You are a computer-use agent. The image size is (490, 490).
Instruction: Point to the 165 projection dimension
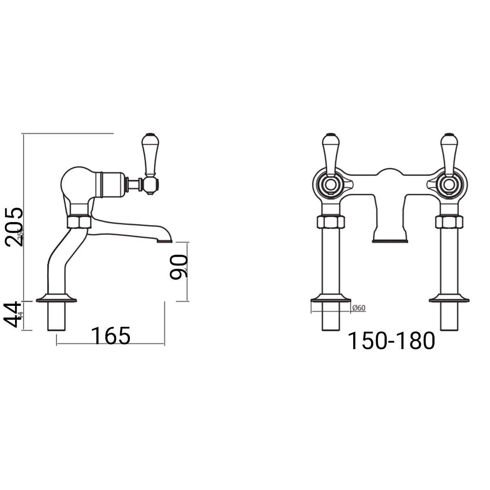[110, 336]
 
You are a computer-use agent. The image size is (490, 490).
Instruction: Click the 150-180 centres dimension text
[391, 341]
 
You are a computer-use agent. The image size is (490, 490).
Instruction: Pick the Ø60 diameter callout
[358, 308]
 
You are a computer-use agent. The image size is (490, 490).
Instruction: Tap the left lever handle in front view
[329, 153]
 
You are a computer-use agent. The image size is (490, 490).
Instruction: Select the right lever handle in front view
[448, 153]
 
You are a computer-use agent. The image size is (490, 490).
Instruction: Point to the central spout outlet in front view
[390, 240]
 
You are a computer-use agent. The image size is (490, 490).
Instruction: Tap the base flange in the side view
[56, 299]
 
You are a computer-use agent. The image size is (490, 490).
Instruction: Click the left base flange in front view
[331, 299]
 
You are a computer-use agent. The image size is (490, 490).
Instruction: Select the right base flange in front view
[449, 299]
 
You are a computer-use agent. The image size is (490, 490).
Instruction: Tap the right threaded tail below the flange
[449, 316]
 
